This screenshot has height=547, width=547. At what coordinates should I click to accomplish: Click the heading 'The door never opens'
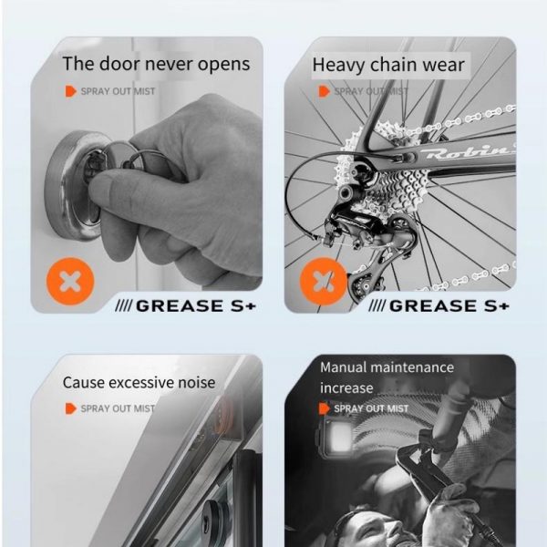coord(156,64)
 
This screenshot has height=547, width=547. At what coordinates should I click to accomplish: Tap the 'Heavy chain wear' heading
coord(388,66)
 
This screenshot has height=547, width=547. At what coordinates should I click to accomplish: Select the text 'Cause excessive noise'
coord(139,383)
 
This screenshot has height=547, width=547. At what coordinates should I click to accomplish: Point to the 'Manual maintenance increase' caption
coord(387,377)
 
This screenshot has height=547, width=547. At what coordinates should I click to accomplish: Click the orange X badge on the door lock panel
coord(70,281)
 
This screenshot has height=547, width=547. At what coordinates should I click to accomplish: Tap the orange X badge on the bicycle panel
coord(324,281)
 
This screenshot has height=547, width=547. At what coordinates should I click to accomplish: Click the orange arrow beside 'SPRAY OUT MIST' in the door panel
coord(71,91)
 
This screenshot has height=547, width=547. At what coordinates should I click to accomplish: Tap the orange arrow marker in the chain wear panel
coord(324,91)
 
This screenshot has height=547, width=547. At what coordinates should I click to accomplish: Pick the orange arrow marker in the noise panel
coord(71,408)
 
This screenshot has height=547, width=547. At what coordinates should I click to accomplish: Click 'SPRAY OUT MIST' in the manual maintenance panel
coord(371,408)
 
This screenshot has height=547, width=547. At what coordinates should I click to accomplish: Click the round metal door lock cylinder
coord(75,185)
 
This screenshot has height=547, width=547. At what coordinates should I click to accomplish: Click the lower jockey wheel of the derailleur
coord(363,285)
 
